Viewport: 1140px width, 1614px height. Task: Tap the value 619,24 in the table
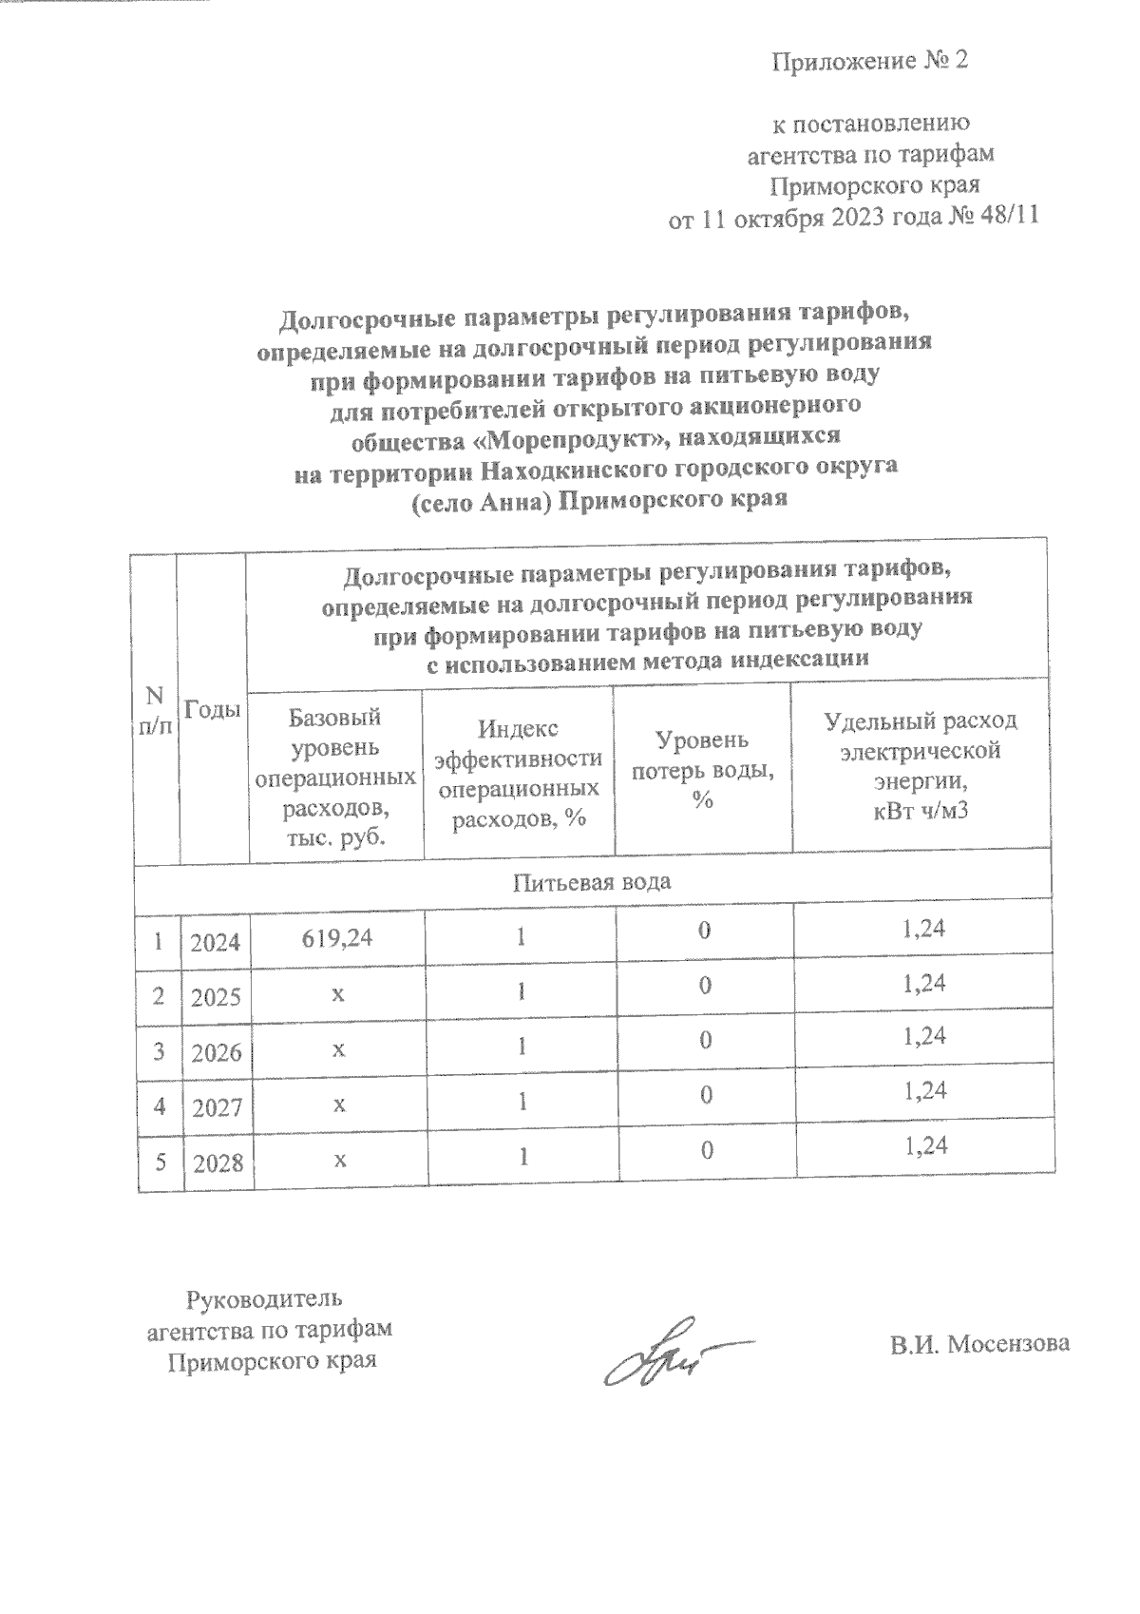click(336, 937)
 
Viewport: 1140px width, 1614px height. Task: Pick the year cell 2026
click(216, 1053)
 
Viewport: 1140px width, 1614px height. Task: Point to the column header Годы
click(213, 709)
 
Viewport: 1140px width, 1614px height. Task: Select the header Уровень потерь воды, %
click(702, 770)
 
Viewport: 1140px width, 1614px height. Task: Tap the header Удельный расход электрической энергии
click(921, 764)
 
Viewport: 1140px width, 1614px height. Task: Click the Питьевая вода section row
click(592, 881)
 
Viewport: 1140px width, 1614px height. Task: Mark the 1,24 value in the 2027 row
click(926, 1091)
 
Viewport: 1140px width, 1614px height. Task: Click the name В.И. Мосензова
click(979, 1344)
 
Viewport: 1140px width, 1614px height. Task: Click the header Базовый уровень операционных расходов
click(335, 776)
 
